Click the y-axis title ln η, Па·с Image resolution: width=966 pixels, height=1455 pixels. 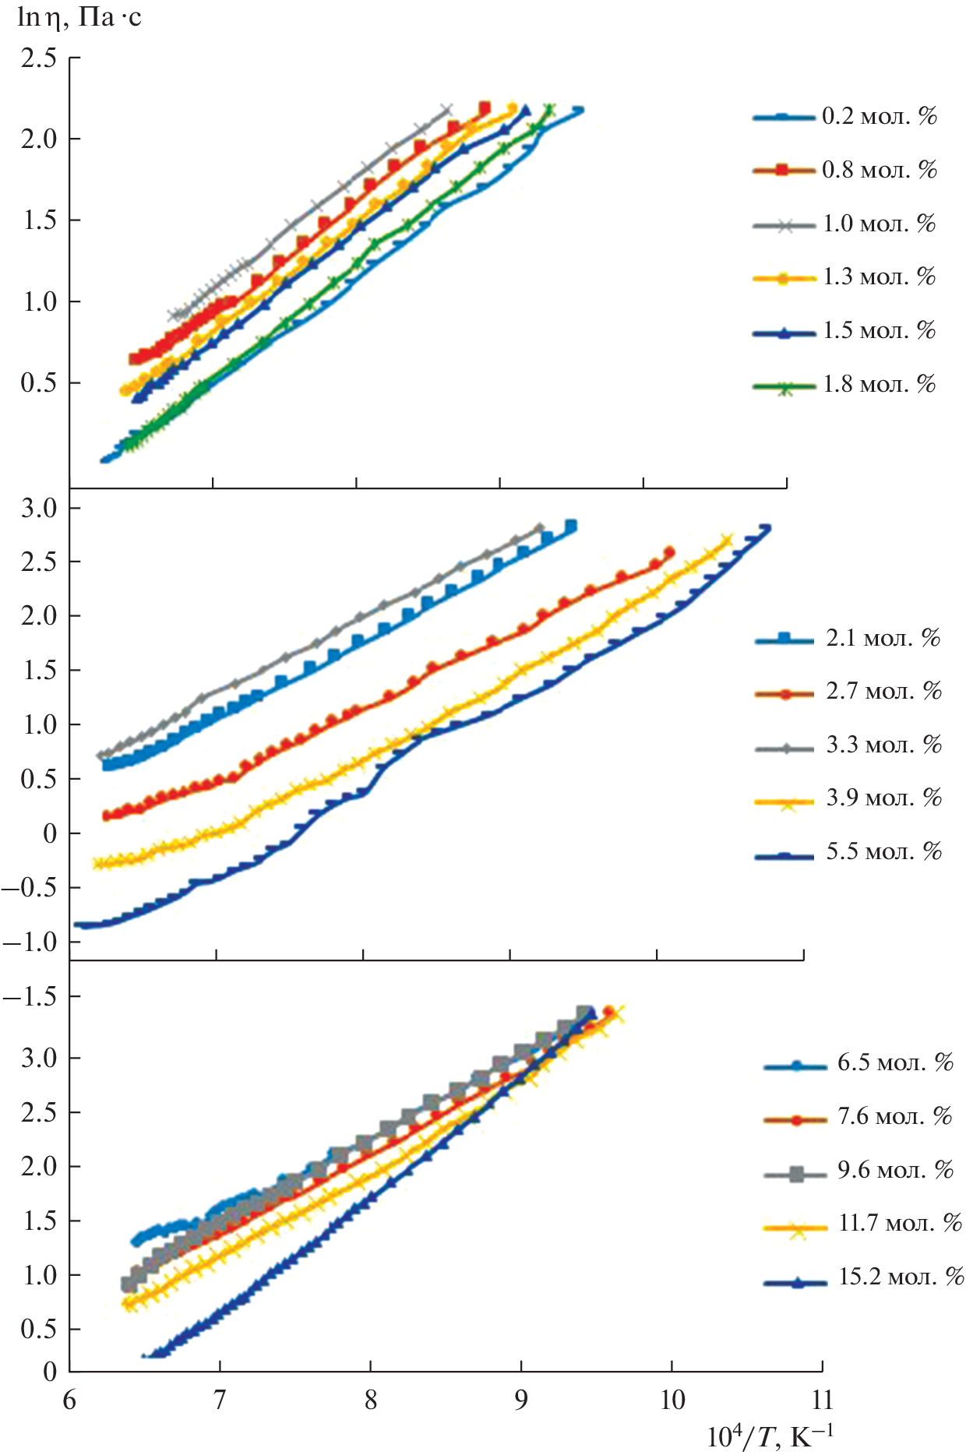79,17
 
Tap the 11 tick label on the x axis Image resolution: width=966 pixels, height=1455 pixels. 822,1400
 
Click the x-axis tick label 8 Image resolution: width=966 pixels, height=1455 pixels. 370,1400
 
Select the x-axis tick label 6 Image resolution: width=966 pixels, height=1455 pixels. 69,1400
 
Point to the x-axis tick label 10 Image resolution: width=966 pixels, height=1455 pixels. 672,1400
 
